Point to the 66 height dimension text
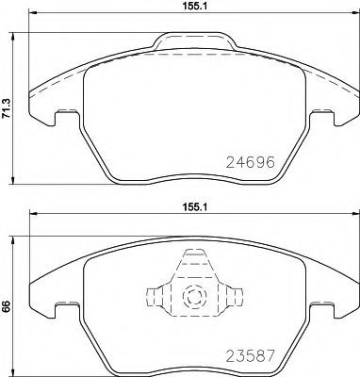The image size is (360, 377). click(8, 307)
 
